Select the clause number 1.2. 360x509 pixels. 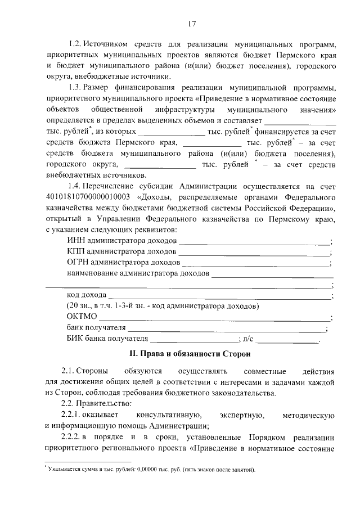[75, 44]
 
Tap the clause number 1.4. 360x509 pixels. [75, 186]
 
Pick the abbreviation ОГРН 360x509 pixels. [78, 262]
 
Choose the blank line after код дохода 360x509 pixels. [219, 296]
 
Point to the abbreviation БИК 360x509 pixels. [75, 339]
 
